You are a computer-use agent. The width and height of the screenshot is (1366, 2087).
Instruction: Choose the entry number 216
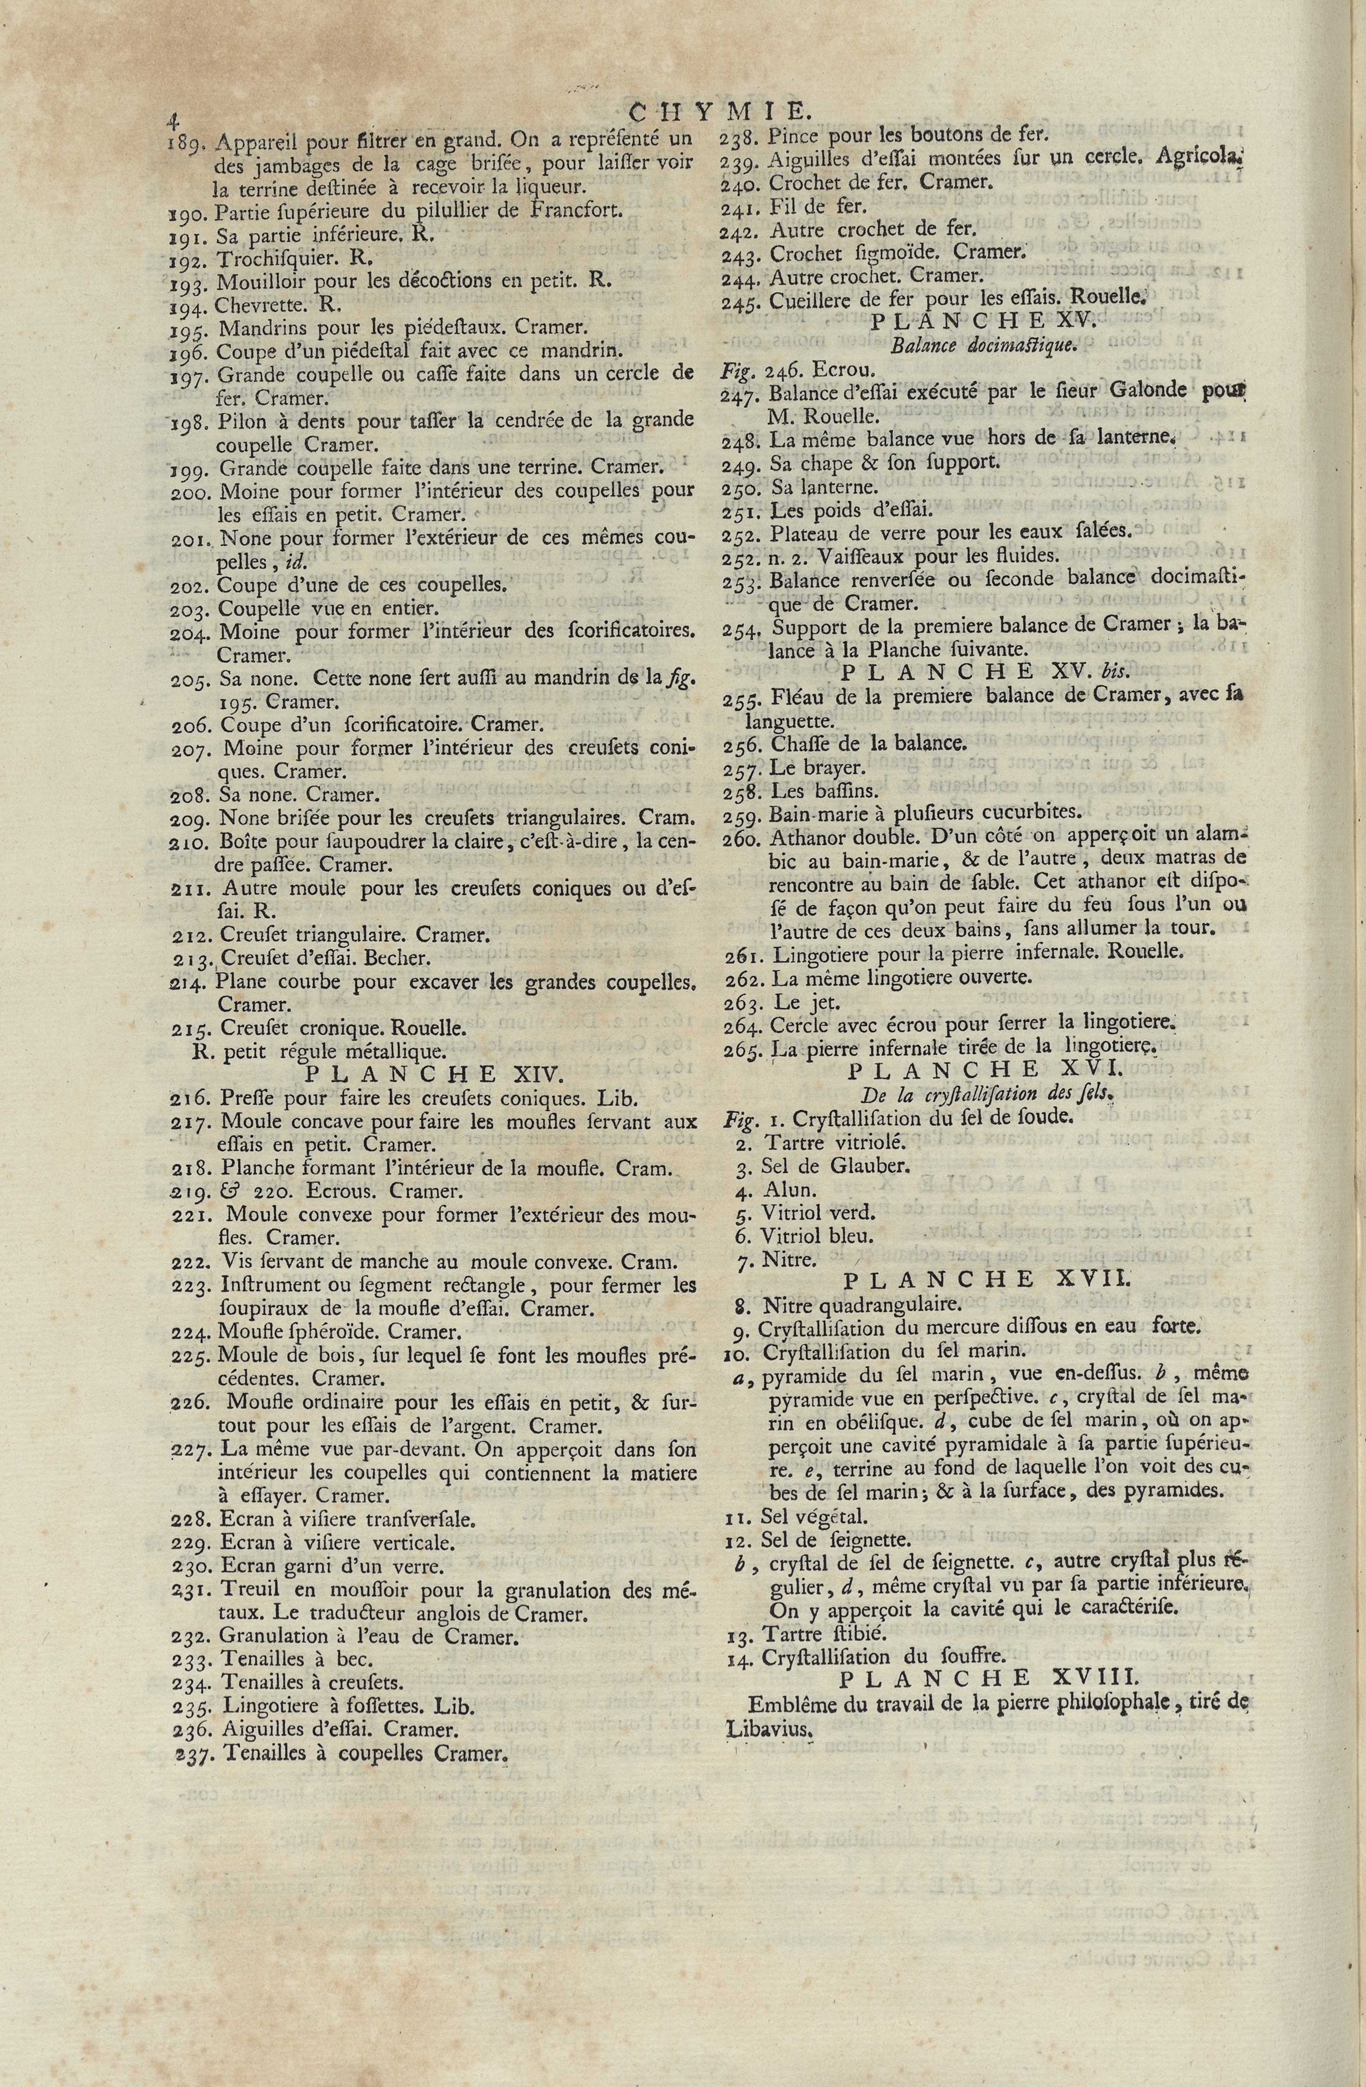point(191,1099)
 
